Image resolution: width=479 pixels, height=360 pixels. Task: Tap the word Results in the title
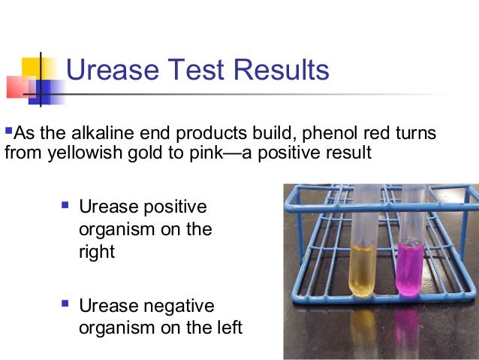tap(281, 71)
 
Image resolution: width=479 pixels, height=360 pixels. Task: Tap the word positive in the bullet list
tap(172, 207)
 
